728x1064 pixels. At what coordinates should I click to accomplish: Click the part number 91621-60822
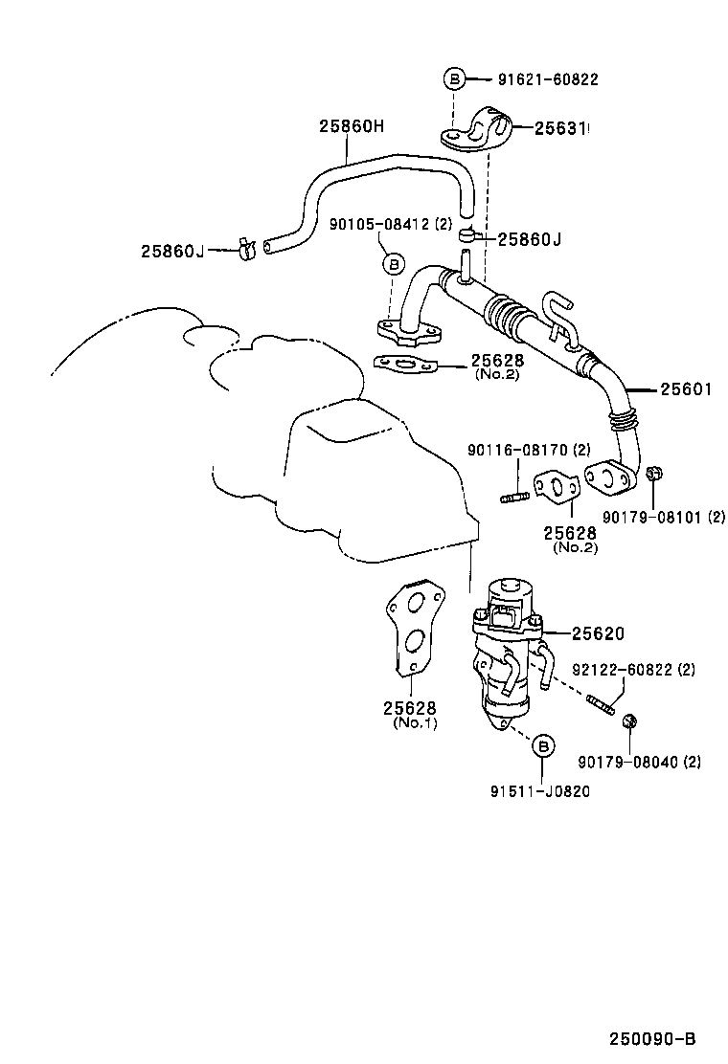point(547,79)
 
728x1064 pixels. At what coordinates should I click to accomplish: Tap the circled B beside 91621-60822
point(455,79)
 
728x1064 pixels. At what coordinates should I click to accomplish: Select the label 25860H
point(351,126)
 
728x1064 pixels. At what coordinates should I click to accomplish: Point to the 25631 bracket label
point(560,126)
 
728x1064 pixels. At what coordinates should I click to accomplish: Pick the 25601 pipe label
point(687,389)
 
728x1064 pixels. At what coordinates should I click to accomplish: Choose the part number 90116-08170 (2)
point(529,450)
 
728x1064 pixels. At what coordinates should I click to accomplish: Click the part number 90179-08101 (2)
point(663,518)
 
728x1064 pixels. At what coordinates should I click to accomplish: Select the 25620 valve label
point(598,633)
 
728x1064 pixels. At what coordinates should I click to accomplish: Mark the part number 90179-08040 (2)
point(639,763)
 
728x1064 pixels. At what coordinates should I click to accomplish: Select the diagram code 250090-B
point(650,1038)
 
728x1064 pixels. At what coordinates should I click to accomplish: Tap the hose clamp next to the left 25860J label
point(243,250)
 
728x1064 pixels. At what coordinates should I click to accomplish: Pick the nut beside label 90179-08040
point(629,720)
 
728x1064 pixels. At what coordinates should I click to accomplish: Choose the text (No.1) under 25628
point(414,723)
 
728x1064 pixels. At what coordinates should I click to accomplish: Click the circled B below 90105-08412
point(391,263)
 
